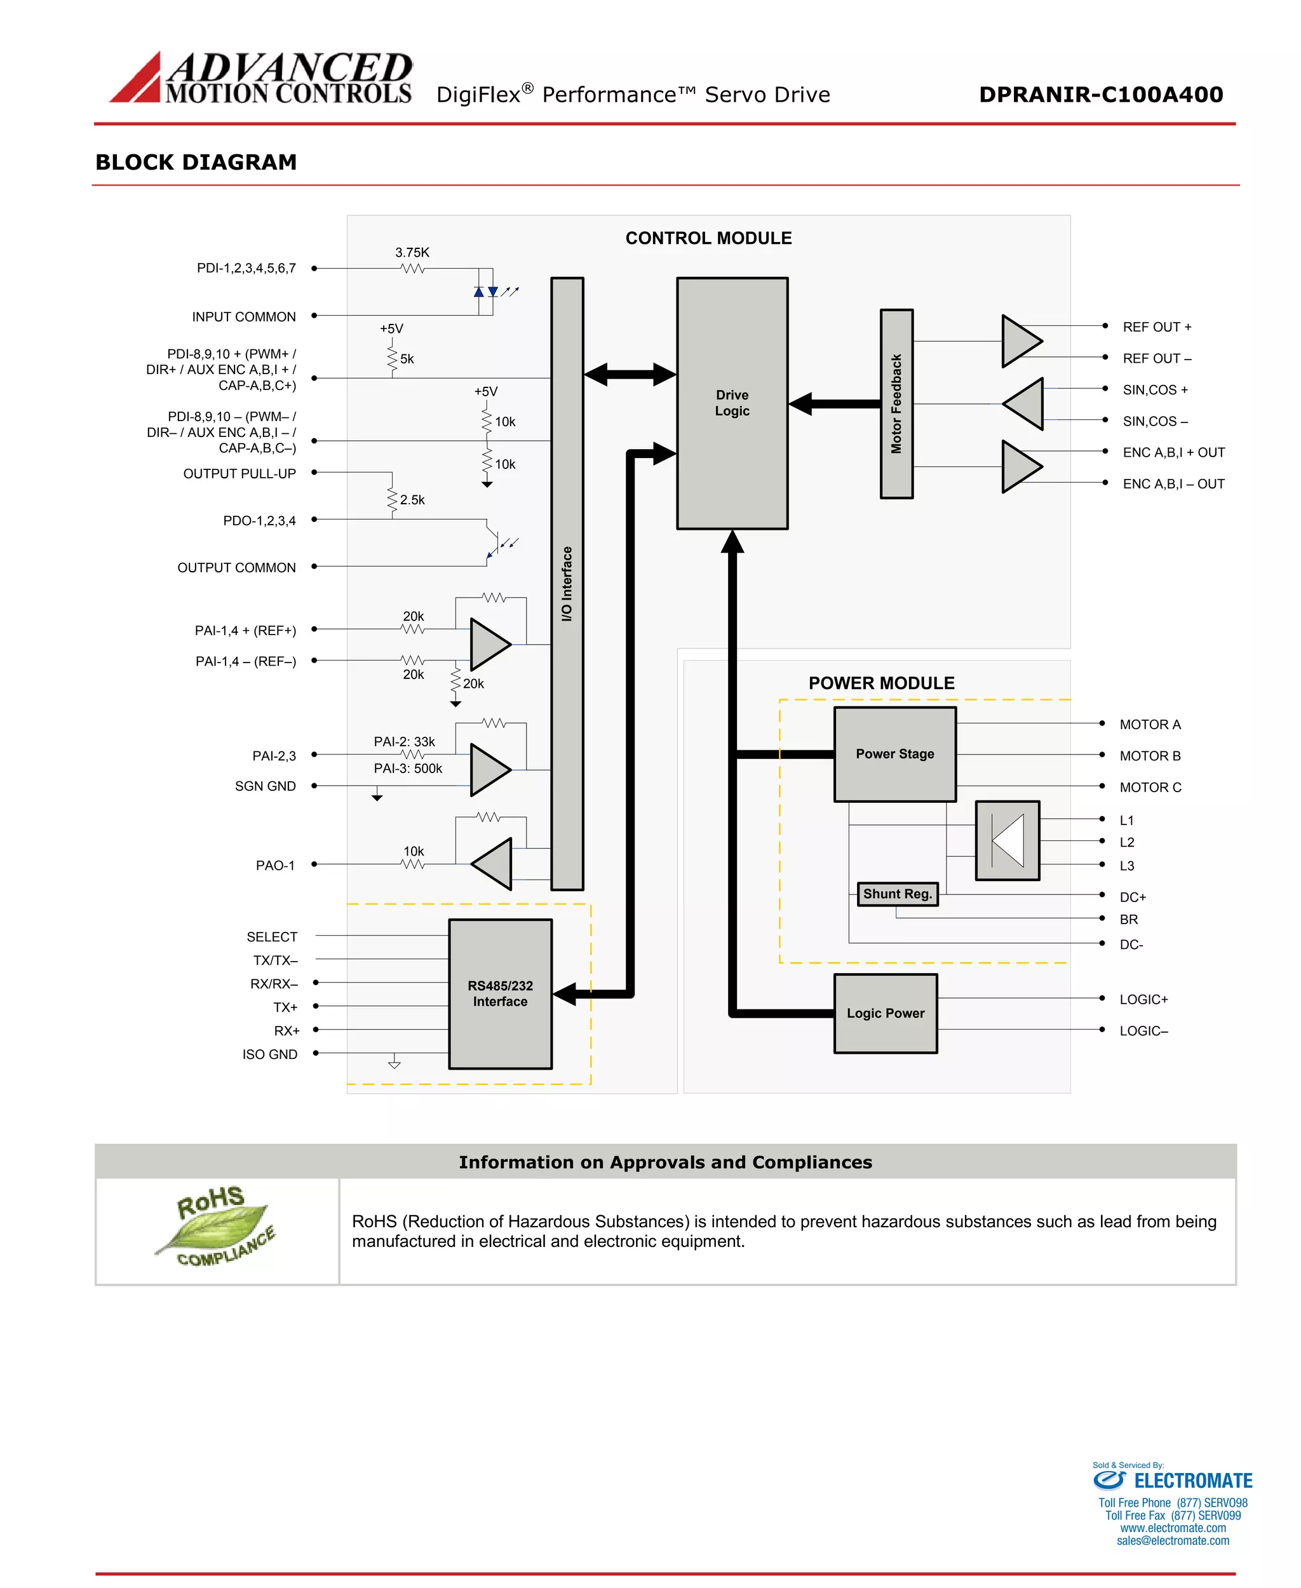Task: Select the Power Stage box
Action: coord(895,754)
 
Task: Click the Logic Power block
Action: coord(885,1013)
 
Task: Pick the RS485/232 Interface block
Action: coord(500,993)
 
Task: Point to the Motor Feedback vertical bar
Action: coord(896,403)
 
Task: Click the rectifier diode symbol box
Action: coord(1008,840)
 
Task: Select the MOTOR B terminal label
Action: coord(1150,755)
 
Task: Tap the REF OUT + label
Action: coord(1156,326)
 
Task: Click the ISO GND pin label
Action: coord(270,1054)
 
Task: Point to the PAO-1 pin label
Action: coord(275,866)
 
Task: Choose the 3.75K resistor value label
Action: coord(412,253)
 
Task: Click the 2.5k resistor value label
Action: coord(412,500)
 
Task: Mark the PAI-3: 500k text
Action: coord(408,768)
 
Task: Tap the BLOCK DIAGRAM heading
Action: coord(196,162)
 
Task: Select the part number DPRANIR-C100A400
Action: coord(1100,95)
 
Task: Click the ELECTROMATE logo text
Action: coord(1192,1481)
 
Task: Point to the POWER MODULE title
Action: coord(881,683)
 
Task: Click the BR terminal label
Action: coord(1129,920)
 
